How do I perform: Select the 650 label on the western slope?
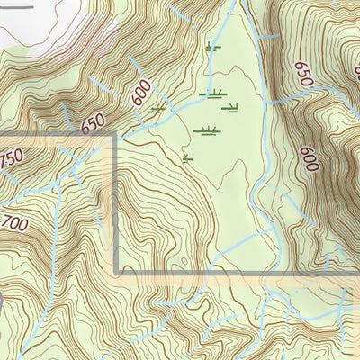click(x=94, y=123)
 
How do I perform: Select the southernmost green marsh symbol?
click(x=188, y=159)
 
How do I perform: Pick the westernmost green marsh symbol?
click(x=158, y=110)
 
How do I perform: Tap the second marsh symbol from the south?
click(x=207, y=130)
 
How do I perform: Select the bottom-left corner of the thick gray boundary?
click(x=117, y=272)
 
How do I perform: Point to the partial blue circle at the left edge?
click(x=3, y=302)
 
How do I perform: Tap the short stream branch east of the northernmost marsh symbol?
click(x=265, y=36)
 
